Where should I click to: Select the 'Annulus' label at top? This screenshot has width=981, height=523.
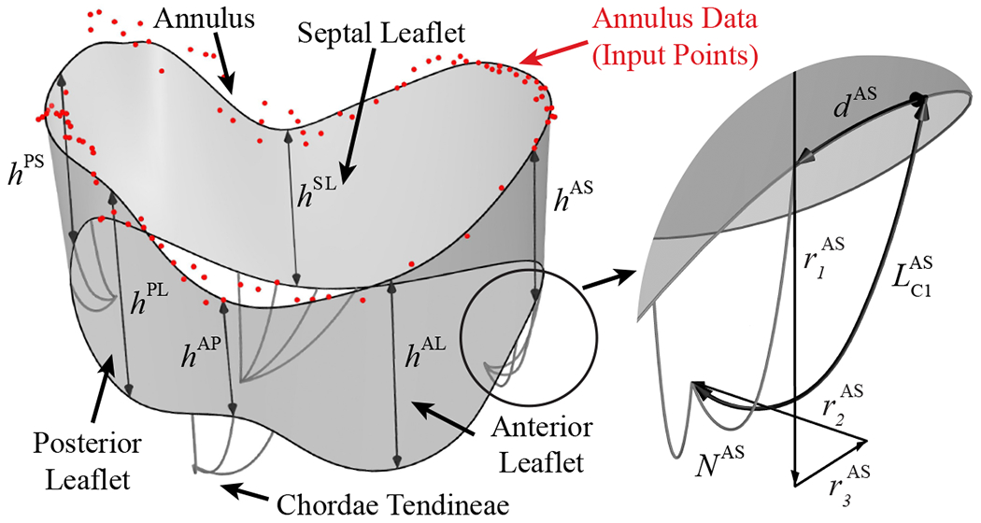point(193,18)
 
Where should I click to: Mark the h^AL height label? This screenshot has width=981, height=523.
point(425,354)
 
